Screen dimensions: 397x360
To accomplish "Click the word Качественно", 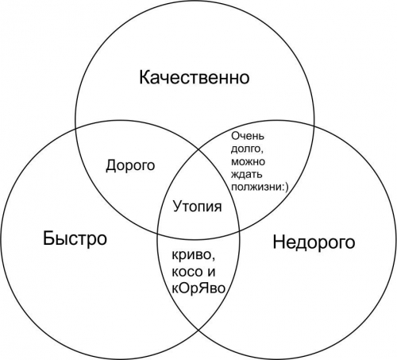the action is point(195,77).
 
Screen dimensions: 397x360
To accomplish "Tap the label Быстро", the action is point(75,238).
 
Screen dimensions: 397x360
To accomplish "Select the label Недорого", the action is point(314,242).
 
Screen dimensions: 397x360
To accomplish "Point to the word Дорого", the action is point(130,165).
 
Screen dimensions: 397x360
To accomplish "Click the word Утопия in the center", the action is point(198,207).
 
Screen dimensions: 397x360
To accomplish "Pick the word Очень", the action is point(248,136).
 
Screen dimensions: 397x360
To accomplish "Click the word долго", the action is point(247,149).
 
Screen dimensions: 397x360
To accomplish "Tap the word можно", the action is point(248,161).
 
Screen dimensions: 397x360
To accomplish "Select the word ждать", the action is point(247,174).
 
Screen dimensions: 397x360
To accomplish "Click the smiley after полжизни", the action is point(284,187).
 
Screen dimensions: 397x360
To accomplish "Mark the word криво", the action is point(193,256).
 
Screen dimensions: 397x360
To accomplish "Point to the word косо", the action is point(186,273).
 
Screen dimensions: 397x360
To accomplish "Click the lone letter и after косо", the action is point(210,273).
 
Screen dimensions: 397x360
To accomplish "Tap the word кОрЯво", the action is point(198,288).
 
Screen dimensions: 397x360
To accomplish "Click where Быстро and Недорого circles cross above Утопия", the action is point(199,149).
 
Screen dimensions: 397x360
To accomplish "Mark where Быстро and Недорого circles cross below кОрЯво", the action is point(199,330).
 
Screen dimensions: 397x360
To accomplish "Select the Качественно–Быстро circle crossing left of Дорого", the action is point(75,126).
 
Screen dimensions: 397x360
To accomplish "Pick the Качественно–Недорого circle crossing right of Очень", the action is point(314,126).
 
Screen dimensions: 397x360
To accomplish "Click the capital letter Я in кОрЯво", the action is point(203,288).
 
